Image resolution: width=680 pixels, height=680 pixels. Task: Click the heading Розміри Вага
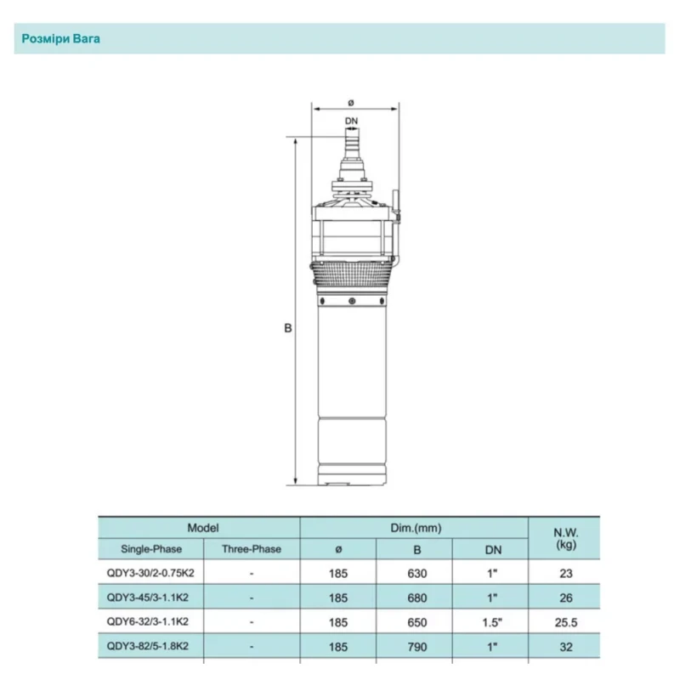[x=60, y=39]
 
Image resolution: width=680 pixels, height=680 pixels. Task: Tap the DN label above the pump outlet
[x=351, y=121]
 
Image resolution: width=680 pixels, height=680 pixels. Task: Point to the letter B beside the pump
[x=288, y=328]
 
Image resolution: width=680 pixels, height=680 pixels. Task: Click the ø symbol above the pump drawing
[x=351, y=103]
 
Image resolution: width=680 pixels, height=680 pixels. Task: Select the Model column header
[x=203, y=528]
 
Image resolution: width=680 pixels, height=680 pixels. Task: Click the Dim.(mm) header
[x=416, y=528]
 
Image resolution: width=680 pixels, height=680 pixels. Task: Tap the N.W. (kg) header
[x=566, y=538]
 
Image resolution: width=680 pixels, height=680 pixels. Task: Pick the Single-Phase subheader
[x=151, y=549]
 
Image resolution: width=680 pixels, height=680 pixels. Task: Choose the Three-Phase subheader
[x=252, y=549]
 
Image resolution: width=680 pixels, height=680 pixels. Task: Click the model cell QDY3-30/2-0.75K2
[x=150, y=573]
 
